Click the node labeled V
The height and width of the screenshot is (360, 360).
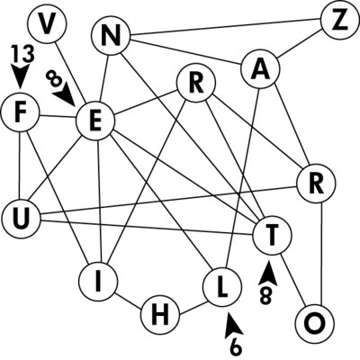[46, 23]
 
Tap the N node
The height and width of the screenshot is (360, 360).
[111, 36]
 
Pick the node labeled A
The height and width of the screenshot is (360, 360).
[260, 68]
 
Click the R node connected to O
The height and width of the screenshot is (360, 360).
[316, 184]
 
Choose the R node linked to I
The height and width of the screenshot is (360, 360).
[196, 83]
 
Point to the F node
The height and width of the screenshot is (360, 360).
[20, 112]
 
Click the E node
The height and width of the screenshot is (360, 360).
[95, 121]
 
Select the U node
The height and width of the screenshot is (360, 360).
[21, 219]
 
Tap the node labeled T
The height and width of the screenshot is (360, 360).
[272, 235]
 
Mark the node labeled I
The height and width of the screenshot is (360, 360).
[98, 282]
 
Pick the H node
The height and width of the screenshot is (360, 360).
[160, 316]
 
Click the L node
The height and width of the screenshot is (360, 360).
[222, 287]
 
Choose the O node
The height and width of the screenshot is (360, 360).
[315, 323]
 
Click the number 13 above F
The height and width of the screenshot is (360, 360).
[23, 55]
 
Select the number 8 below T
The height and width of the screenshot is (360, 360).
[266, 296]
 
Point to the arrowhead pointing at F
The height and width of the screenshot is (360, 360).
[21, 77]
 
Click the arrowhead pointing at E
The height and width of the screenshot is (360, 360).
[65, 95]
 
